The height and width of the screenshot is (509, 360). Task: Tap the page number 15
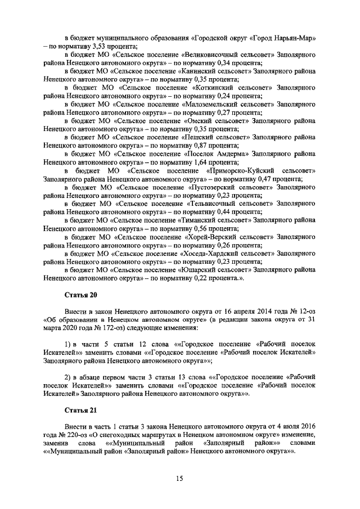(x=179, y=478)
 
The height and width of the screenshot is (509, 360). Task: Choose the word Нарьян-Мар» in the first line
(x=295, y=38)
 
